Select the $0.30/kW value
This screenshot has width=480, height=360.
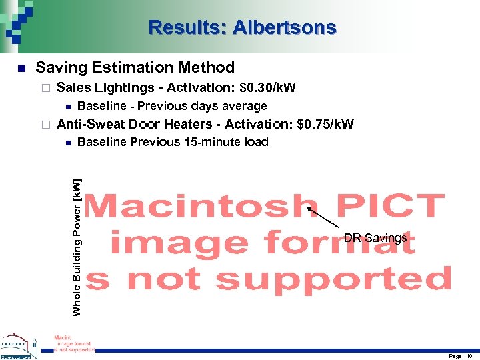pos(267,87)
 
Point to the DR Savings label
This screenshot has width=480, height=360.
pos(375,238)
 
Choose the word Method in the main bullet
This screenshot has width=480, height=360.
pos(207,67)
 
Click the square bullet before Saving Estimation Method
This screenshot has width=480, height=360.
pos(21,68)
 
